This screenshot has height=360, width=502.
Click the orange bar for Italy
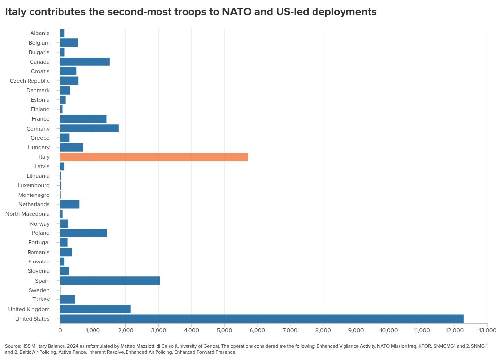pyautogui.click(x=154, y=157)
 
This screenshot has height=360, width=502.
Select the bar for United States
pyautogui.click(x=261, y=319)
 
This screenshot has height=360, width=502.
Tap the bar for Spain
pyautogui.click(x=110, y=281)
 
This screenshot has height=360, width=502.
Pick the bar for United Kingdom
pyautogui.click(x=95, y=309)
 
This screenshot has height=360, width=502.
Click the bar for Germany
pyautogui.click(x=89, y=129)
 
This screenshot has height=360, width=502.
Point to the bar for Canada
pyautogui.click(x=85, y=62)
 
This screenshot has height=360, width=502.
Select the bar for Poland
pyautogui.click(x=83, y=233)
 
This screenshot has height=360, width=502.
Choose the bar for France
pyautogui.click(x=83, y=119)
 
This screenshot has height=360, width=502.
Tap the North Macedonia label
pyautogui.click(x=28, y=214)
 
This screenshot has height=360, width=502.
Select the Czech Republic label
pyautogui.click(x=30, y=81)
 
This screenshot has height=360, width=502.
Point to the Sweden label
pyautogui.click(x=39, y=290)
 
